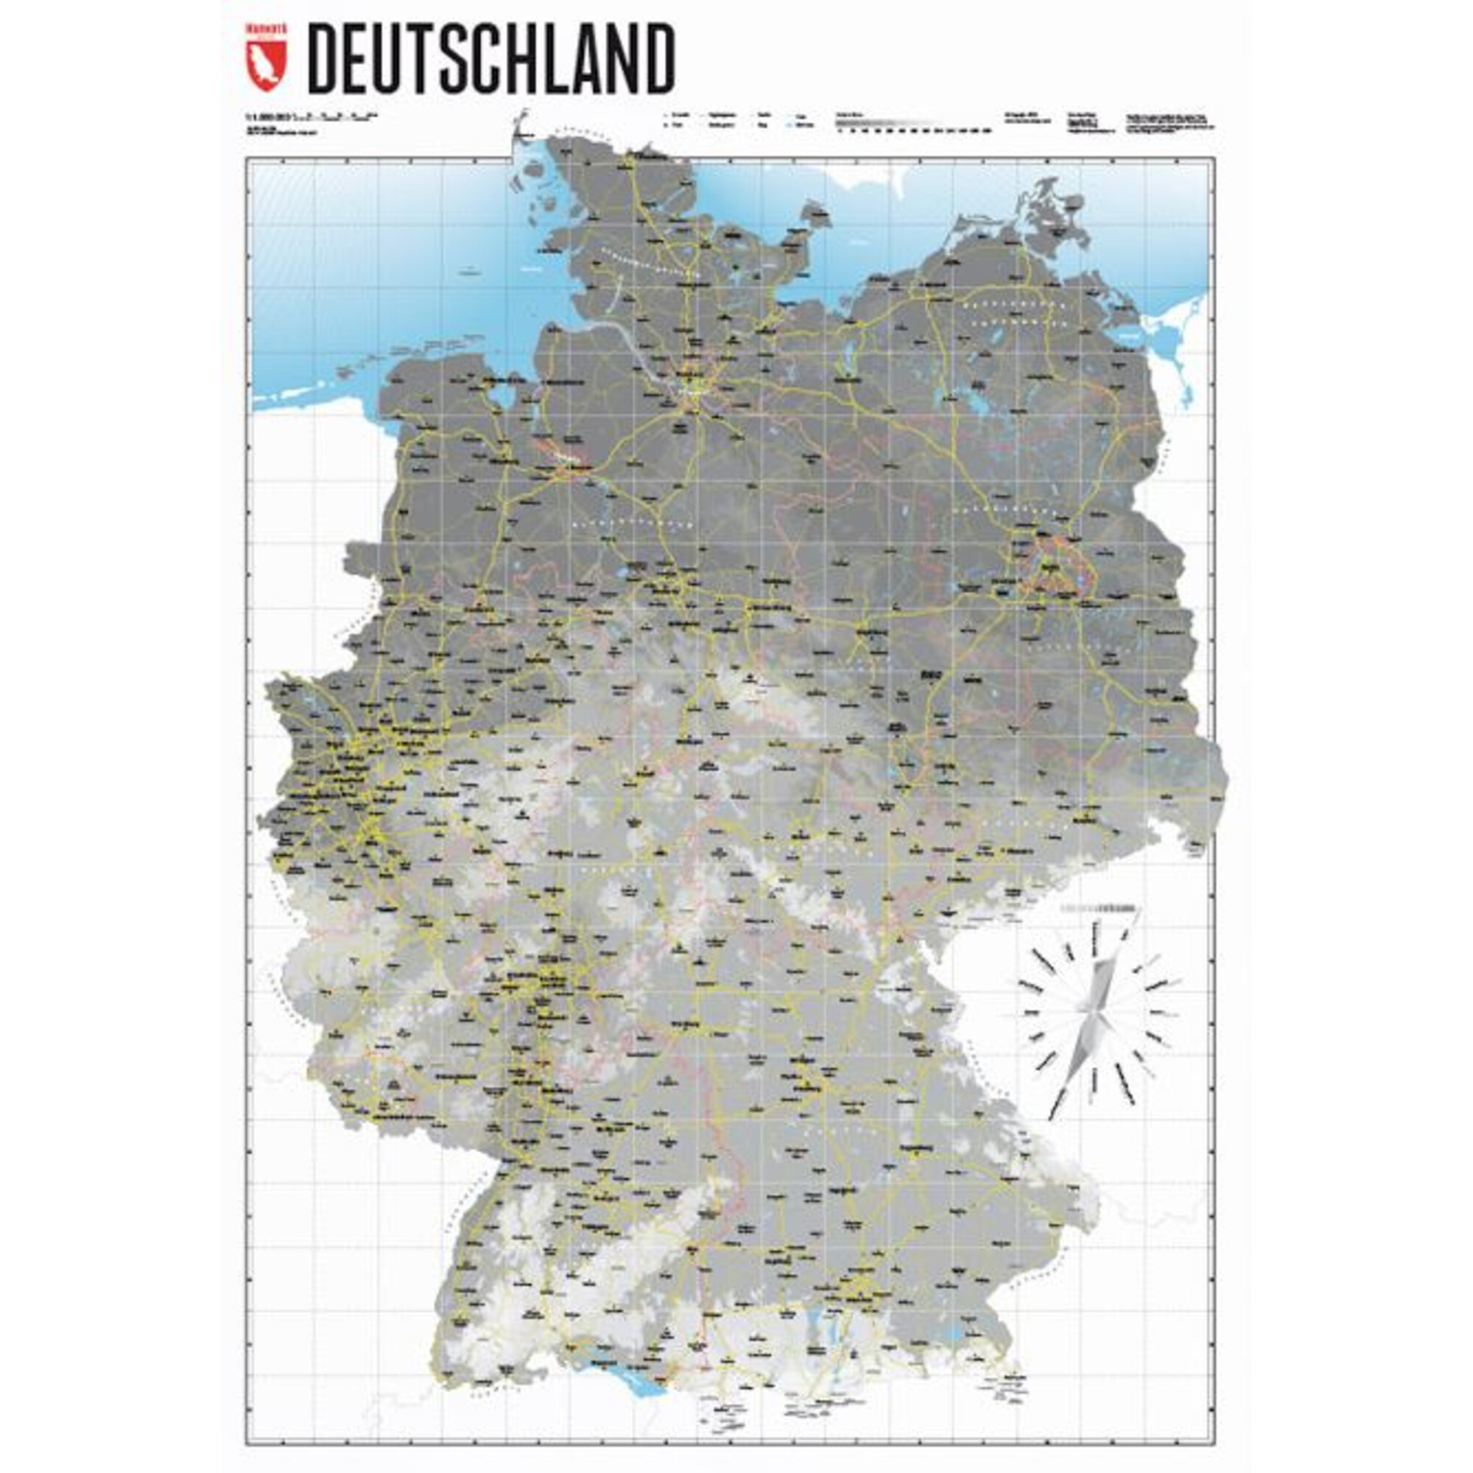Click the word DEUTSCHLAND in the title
pyautogui.click(x=491, y=59)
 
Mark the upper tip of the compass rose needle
pyautogui.click(x=1133, y=912)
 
